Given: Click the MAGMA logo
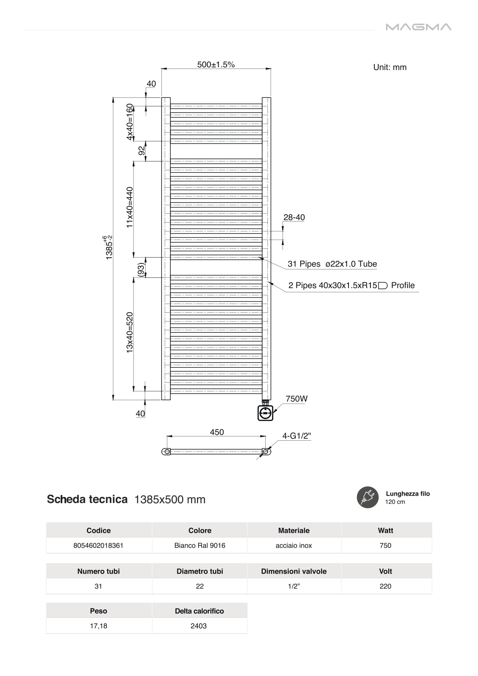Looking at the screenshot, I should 418,27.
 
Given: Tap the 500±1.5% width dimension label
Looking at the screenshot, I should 216,65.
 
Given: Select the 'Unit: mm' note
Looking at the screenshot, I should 390,67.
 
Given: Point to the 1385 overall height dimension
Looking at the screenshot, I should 109,248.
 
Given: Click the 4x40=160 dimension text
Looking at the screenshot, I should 130,122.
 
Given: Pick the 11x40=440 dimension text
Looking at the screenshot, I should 130,207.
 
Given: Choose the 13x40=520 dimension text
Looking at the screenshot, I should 130,332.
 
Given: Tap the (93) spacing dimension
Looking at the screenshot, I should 141,269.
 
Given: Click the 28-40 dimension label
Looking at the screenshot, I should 294,218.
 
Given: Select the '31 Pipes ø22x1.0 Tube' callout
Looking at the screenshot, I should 332,264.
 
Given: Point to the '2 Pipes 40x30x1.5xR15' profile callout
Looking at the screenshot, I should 351,286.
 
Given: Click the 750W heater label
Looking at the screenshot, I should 296,399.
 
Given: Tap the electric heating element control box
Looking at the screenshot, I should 265,413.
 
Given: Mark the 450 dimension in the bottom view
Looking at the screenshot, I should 217,433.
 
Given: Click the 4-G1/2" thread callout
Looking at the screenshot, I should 296,436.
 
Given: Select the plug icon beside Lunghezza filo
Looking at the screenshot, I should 367,497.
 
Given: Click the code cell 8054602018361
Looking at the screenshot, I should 98,546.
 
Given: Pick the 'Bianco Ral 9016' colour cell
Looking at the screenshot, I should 200,546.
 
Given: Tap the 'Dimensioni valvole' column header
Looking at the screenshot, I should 294,572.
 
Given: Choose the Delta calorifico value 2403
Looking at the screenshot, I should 199,626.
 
